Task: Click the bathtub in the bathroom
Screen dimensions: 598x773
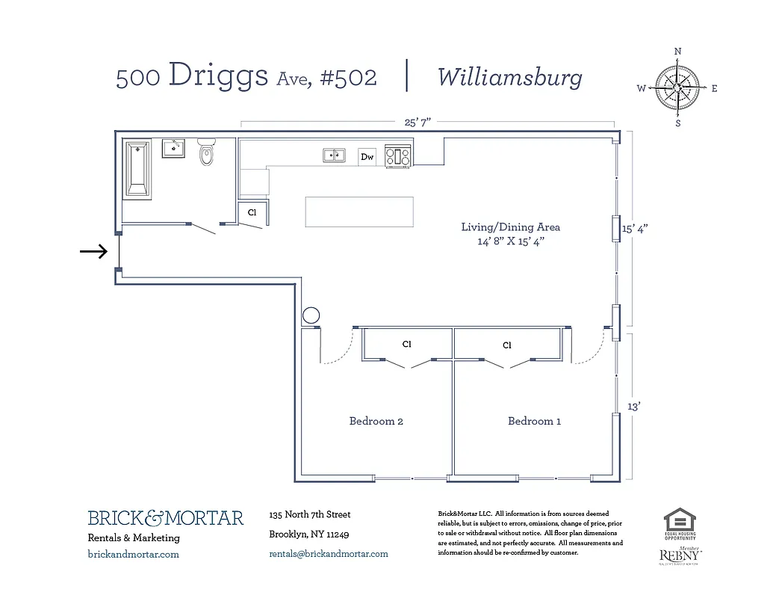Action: click(x=137, y=168)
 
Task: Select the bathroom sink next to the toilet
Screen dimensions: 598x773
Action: click(x=175, y=148)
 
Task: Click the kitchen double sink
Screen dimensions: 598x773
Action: click(x=334, y=155)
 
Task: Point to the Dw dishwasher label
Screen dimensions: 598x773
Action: click(x=367, y=157)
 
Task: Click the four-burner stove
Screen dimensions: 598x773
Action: click(x=397, y=156)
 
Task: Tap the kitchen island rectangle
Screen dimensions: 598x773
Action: click(x=358, y=212)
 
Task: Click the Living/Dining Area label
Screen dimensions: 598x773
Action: click(x=510, y=227)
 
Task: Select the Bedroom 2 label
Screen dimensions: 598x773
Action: click(x=376, y=422)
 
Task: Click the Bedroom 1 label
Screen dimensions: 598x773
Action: click(x=535, y=422)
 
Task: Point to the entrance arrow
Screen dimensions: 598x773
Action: click(x=94, y=252)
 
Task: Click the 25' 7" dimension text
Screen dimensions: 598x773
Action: click(x=417, y=122)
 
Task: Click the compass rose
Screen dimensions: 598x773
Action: click(x=677, y=87)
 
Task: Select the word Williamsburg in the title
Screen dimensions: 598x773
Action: click(x=509, y=77)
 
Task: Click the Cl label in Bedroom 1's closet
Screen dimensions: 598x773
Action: click(x=507, y=345)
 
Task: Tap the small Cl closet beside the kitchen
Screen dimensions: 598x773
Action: click(x=252, y=213)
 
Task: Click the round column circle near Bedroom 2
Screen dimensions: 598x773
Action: click(x=311, y=316)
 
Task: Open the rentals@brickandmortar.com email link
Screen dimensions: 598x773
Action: click(x=329, y=554)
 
